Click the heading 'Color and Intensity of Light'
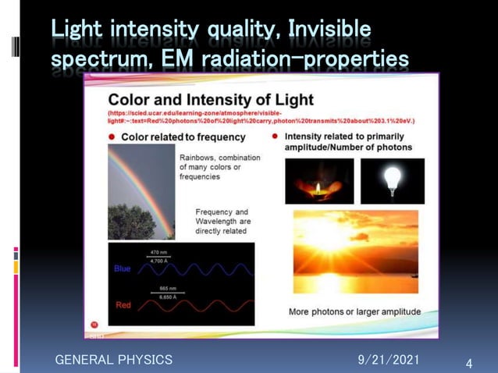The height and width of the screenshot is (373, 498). [210, 100]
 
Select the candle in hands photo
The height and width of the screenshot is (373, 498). [318, 181]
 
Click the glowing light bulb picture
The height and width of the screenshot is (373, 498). [392, 181]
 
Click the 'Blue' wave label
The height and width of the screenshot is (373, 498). [123, 268]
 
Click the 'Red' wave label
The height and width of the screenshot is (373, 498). [123, 305]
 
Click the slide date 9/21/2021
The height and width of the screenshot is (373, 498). [388, 359]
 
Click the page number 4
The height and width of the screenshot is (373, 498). [468, 364]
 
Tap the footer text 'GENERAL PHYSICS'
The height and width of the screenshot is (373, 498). [113, 359]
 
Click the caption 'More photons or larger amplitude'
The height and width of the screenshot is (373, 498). [354, 311]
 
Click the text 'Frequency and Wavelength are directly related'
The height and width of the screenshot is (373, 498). [222, 221]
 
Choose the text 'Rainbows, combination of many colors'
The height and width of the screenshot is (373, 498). [219, 166]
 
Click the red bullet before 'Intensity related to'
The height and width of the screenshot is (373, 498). [276, 137]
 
